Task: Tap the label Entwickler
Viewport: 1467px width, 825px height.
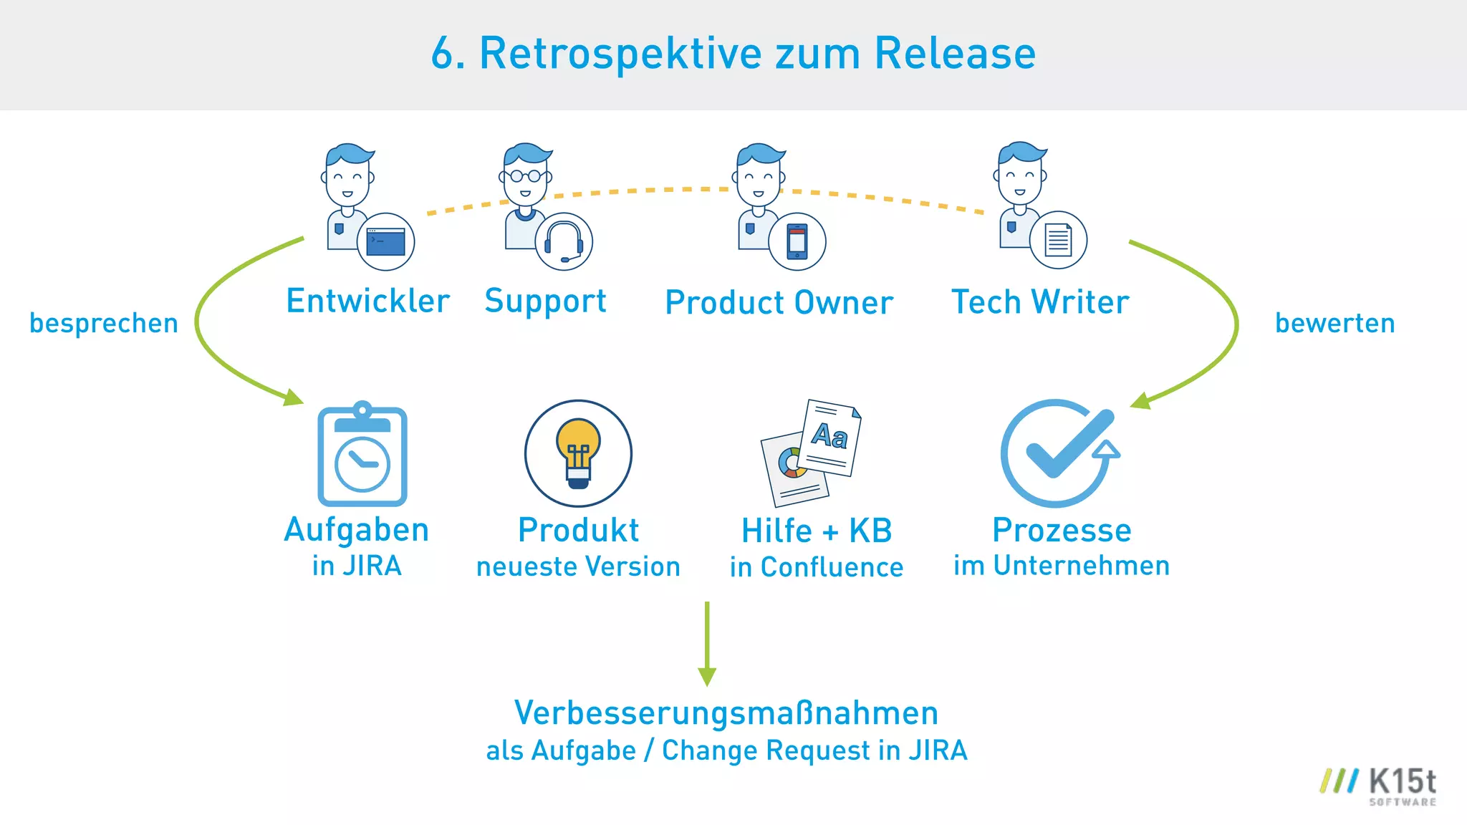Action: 367,301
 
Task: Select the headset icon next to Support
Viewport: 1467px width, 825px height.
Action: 564,242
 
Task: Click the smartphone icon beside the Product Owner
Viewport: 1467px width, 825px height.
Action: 797,242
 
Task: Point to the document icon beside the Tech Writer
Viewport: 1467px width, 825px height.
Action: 1058,240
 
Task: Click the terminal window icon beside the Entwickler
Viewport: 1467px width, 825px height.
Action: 385,242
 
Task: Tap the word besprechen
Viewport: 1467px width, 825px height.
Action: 104,324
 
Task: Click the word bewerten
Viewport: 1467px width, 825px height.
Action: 1334,323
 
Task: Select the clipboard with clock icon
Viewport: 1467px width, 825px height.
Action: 362,455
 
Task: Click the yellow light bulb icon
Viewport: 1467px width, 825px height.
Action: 578,453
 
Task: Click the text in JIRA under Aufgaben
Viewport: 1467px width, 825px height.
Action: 357,566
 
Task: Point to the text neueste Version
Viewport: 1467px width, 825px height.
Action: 578,566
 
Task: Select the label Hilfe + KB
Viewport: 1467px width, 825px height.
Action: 817,531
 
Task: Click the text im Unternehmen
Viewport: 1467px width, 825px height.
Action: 1061,566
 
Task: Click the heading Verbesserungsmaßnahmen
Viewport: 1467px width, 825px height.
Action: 726,713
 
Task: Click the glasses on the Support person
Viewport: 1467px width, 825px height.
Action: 526,175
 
